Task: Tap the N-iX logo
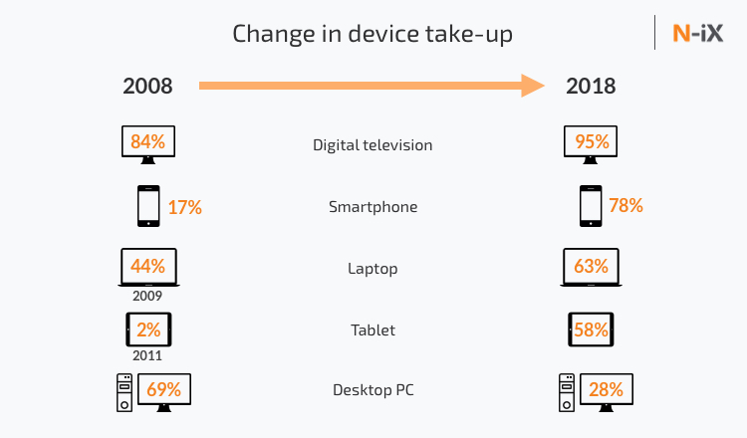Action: pos(697,33)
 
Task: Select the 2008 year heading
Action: pos(147,86)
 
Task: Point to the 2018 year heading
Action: pos(591,86)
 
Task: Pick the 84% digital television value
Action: pos(147,142)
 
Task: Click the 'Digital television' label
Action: pos(373,145)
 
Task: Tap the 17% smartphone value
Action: pos(185,207)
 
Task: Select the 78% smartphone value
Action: pos(626,206)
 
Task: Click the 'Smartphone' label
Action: pos(373,207)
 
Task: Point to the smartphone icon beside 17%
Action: pos(147,206)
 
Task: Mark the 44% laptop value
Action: pos(147,267)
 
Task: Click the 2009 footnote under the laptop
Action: pos(147,296)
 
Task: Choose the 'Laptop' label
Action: pos(373,269)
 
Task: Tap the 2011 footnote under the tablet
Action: pos(147,355)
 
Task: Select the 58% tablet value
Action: pos(591,328)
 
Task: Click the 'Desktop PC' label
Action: pos(373,389)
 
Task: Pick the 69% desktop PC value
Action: pos(165,388)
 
